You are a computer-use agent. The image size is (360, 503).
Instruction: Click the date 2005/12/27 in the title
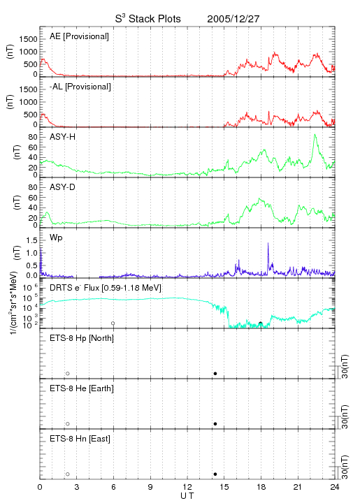tap(233, 19)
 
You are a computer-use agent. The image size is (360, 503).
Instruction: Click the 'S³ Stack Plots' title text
tap(148, 18)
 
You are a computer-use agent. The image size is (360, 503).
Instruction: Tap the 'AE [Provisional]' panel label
tap(79, 36)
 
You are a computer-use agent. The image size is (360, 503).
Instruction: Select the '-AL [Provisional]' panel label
tap(80, 87)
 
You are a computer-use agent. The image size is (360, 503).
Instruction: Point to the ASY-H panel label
tap(63, 137)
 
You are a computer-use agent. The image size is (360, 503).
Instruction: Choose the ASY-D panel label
tap(63, 187)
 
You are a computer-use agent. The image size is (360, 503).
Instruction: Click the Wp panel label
tap(56, 238)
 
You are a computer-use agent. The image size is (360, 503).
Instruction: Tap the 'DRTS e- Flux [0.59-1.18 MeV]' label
tap(106, 288)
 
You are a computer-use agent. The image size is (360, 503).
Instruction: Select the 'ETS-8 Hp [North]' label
tap(82, 338)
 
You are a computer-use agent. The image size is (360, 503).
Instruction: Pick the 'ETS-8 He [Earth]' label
tap(82, 388)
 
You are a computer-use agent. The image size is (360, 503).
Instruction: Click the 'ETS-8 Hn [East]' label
tap(80, 439)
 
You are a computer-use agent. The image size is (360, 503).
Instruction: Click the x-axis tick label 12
tap(187, 487)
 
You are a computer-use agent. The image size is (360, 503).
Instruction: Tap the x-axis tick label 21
tap(298, 487)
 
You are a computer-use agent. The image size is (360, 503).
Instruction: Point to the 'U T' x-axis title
tap(187, 496)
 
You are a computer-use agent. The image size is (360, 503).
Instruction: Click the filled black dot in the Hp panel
tap(215, 373)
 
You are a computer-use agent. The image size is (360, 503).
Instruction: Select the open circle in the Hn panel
tap(68, 474)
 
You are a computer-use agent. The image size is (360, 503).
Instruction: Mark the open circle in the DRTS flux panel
tap(113, 323)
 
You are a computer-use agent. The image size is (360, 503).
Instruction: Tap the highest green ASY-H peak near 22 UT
tap(315, 135)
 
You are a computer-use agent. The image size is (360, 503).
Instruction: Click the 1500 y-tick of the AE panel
tap(28, 39)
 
